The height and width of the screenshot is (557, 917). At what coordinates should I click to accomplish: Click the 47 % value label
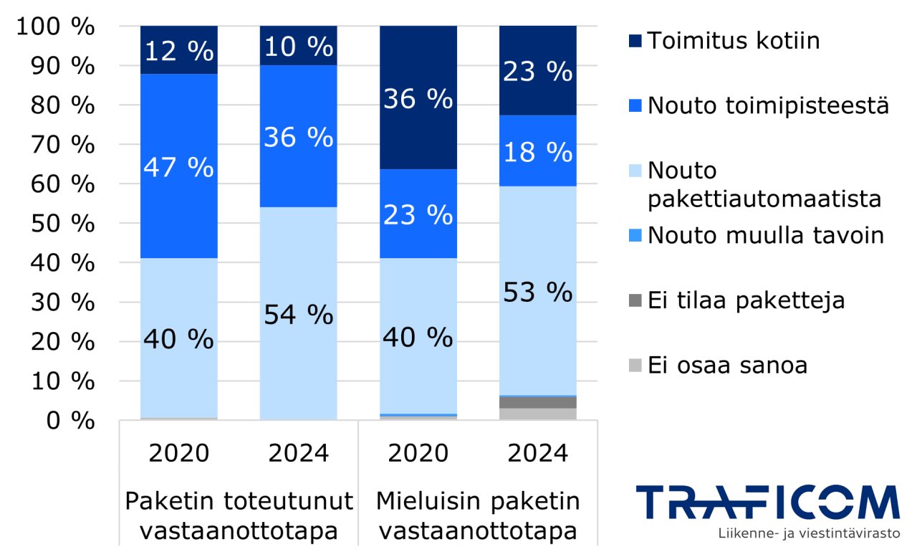click(178, 167)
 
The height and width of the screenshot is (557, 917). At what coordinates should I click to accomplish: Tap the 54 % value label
click(298, 314)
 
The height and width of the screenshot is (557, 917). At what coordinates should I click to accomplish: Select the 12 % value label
click(178, 51)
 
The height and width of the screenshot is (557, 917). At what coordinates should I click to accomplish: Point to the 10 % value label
click(298, 47)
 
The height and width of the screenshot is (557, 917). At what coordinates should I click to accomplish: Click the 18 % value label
click(537, 152)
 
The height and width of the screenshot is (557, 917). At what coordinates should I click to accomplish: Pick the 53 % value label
click(537, 292)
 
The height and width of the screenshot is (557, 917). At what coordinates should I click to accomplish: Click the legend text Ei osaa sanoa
click(727, 365)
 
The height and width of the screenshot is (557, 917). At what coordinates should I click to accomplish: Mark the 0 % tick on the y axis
click(70, 420)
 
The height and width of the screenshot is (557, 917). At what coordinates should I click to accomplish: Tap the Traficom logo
click(767, 503)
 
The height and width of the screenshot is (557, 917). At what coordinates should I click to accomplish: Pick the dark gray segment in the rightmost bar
click(537, 402)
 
